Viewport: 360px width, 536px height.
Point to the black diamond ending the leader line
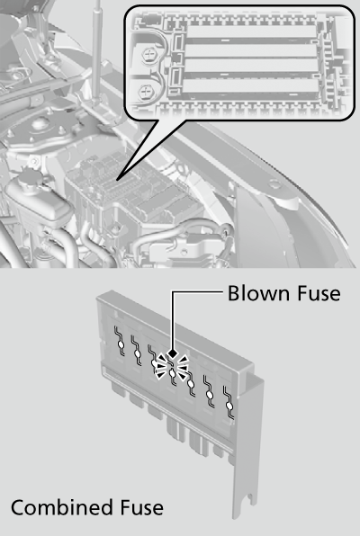pyautogui.click(x=173, y=353)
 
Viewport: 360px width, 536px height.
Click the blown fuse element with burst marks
pyautogui.click(x=172, y=372)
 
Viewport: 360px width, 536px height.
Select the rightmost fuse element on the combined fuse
pyautogui.click(x=229, y=404)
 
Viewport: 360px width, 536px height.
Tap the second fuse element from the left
pyautogui.click(x=137, y=352)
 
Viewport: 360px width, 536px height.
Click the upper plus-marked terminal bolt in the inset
pyautogui.click(x=148, y=55)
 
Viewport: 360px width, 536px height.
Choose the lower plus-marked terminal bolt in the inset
pyautogui.click(x=146, y=92)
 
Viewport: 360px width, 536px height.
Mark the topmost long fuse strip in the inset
pyautogui.click(x=251, y=32)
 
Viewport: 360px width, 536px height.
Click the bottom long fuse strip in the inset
pyautogui.click(x=251, y=87)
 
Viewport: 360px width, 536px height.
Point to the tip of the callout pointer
pyautogui.click(x=117, y=179)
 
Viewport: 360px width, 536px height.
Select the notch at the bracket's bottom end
pyautogui.click(x=252, y=497)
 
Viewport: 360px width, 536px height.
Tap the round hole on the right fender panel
pyautogui.click(x=274, y=184)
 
